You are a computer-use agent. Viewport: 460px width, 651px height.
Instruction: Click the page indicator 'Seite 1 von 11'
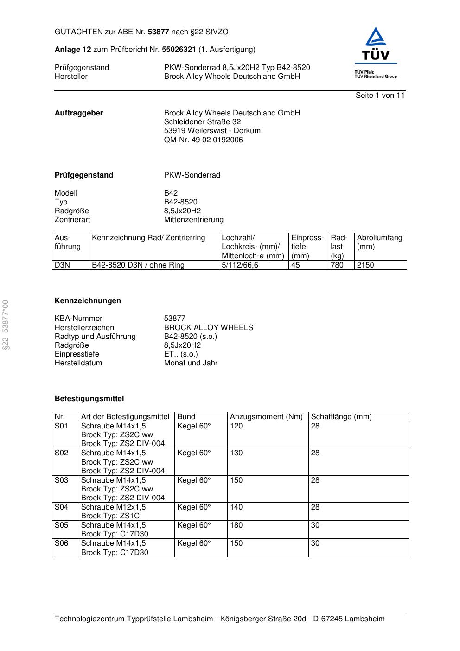click(x=380, y=96)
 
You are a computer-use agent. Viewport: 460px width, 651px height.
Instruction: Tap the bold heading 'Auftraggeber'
click(x=79, y=113)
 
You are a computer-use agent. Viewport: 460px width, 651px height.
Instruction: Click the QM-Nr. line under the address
click(x=203, y=140)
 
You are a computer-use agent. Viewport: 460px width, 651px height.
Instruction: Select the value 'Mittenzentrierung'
click(x=193, y=220)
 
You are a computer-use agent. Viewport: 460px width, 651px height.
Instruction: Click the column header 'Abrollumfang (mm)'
click(x=379, y=242)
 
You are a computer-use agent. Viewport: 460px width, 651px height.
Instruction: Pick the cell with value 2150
click(x=365, y=265)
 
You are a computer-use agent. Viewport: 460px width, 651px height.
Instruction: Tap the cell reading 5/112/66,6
click(x=240, y=265)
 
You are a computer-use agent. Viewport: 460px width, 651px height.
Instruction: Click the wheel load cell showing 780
click(x=337, y=265)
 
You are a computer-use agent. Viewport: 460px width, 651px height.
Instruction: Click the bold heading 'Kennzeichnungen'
click(x=88, y=301)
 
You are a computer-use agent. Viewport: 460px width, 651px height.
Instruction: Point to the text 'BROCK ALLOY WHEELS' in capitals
click(x=208, y=328)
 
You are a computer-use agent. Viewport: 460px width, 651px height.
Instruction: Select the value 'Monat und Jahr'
click(x=191, y=363)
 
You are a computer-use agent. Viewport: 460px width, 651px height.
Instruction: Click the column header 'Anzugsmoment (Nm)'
click(x=266, y=417)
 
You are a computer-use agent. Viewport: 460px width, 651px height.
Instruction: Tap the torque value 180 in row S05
click(x=236, y=525)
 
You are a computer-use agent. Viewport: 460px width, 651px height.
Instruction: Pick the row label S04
click(x=61, y=507)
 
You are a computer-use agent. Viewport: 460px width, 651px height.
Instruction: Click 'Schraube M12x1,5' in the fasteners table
click(x=113, y=507)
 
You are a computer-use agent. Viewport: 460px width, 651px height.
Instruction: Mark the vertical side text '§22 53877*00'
click(x=6, y=325)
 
